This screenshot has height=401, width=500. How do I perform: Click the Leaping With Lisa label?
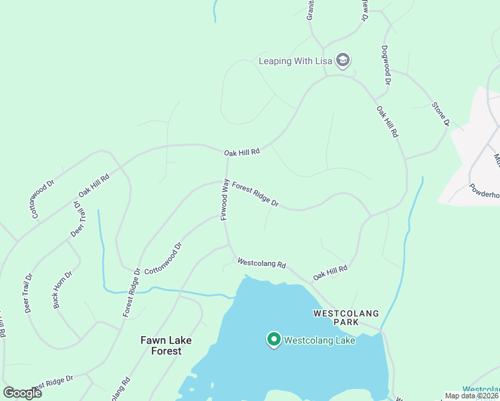(x=295, y=61)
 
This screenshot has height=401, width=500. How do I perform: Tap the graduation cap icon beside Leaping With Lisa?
(x=343, y=61)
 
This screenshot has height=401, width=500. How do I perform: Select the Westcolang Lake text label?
(x=319, y=340)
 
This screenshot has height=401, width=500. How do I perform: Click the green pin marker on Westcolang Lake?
(x=273, y=340)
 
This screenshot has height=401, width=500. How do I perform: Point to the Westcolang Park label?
(x=346, y=318)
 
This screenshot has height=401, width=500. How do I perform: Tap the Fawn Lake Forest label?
(x=166, y=346)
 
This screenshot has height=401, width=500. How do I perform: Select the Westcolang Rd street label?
(x=261, y=264)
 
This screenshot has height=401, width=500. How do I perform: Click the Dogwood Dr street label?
(x=385, y=65)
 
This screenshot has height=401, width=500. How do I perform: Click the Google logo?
(x=22, y=392)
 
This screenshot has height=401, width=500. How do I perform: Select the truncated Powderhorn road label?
(x=484, y=193)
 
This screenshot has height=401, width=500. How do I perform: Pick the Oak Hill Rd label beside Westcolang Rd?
(x=330, y=272)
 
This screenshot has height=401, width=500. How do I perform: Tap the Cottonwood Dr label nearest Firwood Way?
(x=163, y=255)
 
